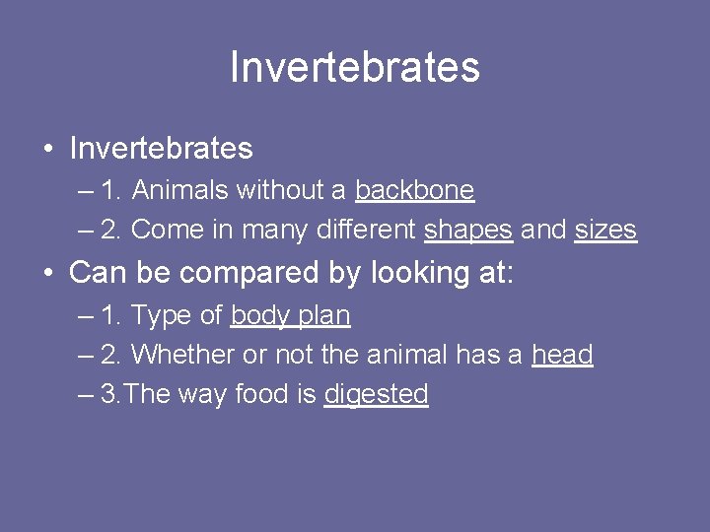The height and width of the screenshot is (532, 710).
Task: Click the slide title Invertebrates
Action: click(355, 68)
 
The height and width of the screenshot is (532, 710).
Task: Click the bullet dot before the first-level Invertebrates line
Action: click(47, 150)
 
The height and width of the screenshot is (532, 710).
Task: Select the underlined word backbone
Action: click(414, 190)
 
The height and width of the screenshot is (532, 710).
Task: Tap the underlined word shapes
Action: click(467, 231)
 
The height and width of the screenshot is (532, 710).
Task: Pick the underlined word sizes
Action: click(605, 231)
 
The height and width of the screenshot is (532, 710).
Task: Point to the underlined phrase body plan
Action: click(290, 316)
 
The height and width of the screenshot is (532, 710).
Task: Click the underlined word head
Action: click(562, 355)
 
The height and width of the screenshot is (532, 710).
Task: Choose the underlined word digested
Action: click(376, 395)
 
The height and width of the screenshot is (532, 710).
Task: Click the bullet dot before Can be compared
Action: click(47, 274)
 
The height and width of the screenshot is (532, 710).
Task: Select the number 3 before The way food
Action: click(107, 395)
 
